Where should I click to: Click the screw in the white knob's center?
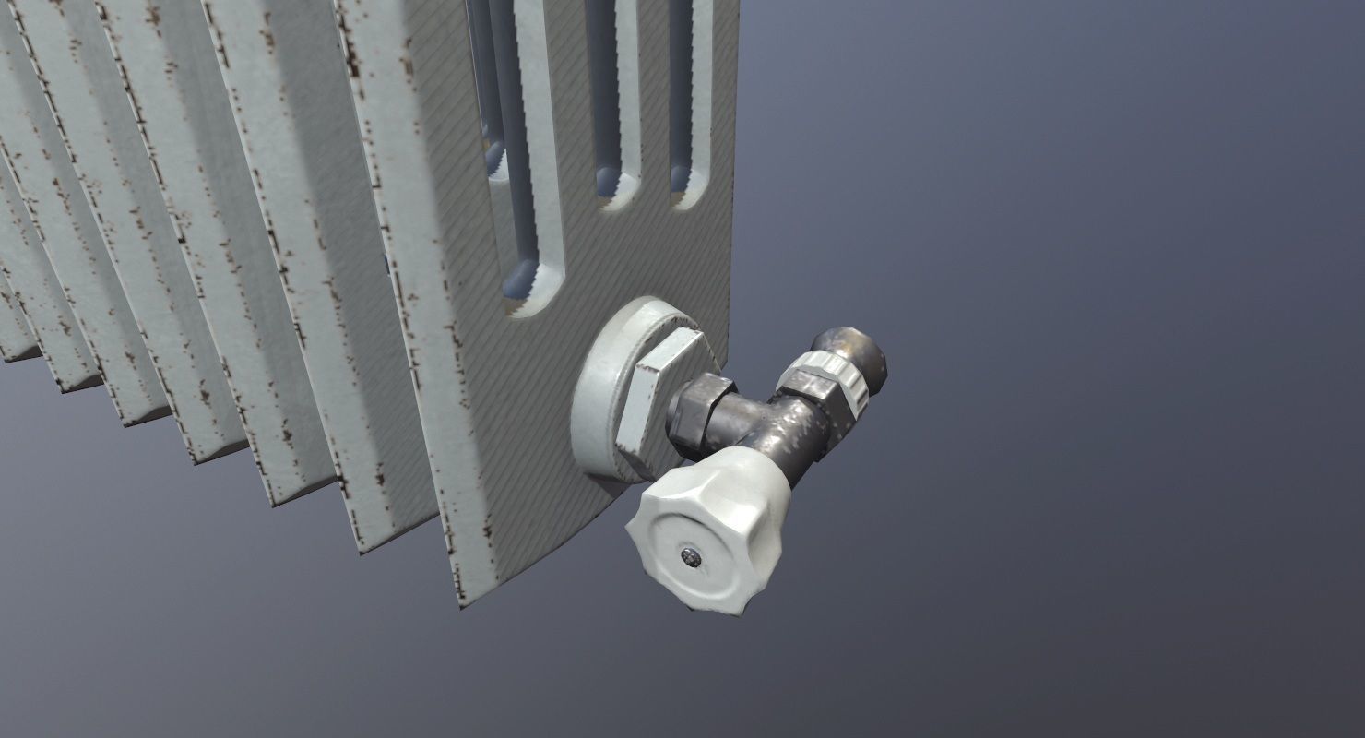tap(691, 554)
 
